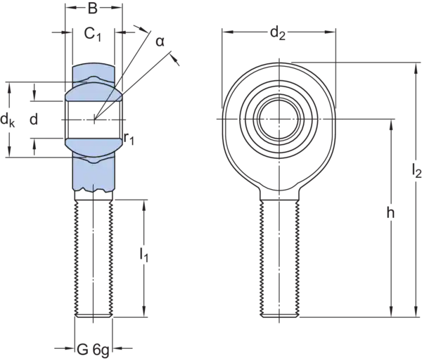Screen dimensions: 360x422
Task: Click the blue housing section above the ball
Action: [94, 74]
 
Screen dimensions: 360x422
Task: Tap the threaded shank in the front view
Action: [278, 260]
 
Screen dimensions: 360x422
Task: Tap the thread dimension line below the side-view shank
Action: [94, 347]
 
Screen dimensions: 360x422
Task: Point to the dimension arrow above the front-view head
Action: [279, 32]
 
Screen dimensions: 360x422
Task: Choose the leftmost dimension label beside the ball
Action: [7, 121]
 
